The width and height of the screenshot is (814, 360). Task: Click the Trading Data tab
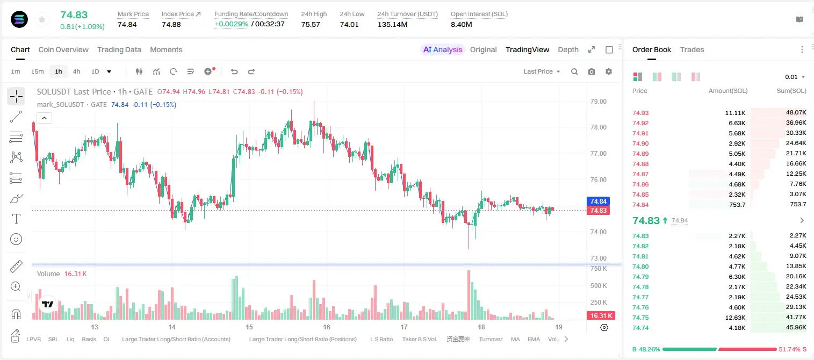tap(119, 49)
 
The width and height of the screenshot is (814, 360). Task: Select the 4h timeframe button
tap(76, 71)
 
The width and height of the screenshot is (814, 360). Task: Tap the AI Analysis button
tap(443, 49)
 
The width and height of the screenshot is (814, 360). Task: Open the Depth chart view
tap(568, 49)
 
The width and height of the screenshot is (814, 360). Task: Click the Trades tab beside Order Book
tap(692, 49)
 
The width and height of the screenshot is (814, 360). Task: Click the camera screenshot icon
tap(592, 71)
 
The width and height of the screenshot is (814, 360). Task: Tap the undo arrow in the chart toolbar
tap(234, 71)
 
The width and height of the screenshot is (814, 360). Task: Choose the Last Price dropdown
tap(542, 71)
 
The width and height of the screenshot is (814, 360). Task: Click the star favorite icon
tap(42, 19)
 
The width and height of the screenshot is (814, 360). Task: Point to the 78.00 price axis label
tap(598, 127)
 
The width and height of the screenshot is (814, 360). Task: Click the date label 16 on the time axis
tap(326, 327)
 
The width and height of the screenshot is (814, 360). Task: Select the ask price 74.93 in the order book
tap(640, 113)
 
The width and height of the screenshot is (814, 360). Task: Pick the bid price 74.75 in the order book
tap(640, 318)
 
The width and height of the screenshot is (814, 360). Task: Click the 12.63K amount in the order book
tap(735, 318)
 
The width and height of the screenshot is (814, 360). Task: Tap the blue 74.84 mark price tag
tap(598, 201)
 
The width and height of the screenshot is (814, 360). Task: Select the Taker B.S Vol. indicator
tap(419, 339)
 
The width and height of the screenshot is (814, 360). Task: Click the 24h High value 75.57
tap(311, 24)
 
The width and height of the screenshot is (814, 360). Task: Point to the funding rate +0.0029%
tap(231, 24)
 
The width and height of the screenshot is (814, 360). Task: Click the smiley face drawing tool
tap(16, 239)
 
